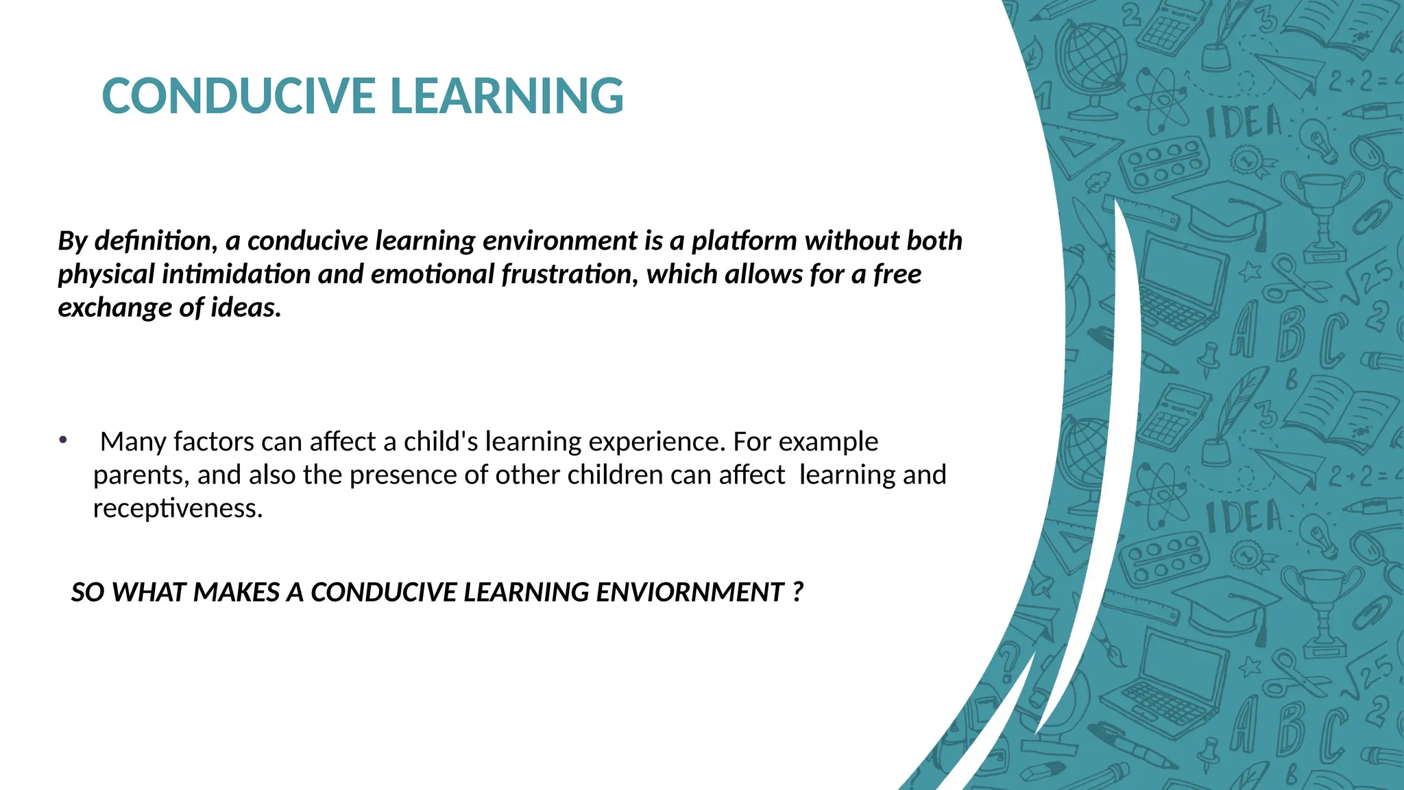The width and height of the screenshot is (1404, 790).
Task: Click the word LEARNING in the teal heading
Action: [x=507, y=96]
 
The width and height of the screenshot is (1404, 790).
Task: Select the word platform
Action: [x=744, y=241]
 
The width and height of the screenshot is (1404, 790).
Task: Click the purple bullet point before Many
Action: [x=62, y=440]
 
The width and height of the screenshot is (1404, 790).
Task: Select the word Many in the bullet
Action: [x=133, y=442]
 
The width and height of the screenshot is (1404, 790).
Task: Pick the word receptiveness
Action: [x=178, y=509]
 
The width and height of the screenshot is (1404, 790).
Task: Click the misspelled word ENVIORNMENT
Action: [x=690, y=592]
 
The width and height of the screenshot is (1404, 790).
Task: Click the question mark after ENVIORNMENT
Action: [x=797, y=592]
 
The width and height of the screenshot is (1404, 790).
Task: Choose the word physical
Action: [x=106, y=274]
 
